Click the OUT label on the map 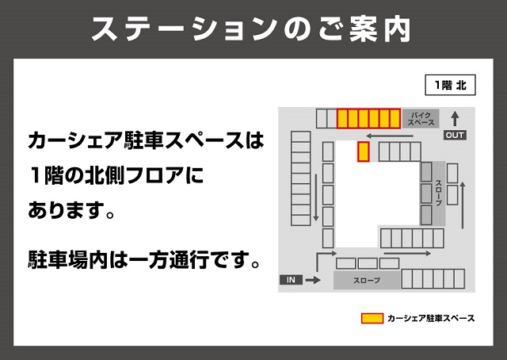coord(455,135)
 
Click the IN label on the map coord(290,280)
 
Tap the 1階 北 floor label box coord(448,83)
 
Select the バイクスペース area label coord(421,120)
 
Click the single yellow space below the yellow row coord(364,151)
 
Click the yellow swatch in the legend coord(372,319)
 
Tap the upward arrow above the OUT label coord(455,118)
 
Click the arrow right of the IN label coord(313,280)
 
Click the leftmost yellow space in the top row coord(343,119)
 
